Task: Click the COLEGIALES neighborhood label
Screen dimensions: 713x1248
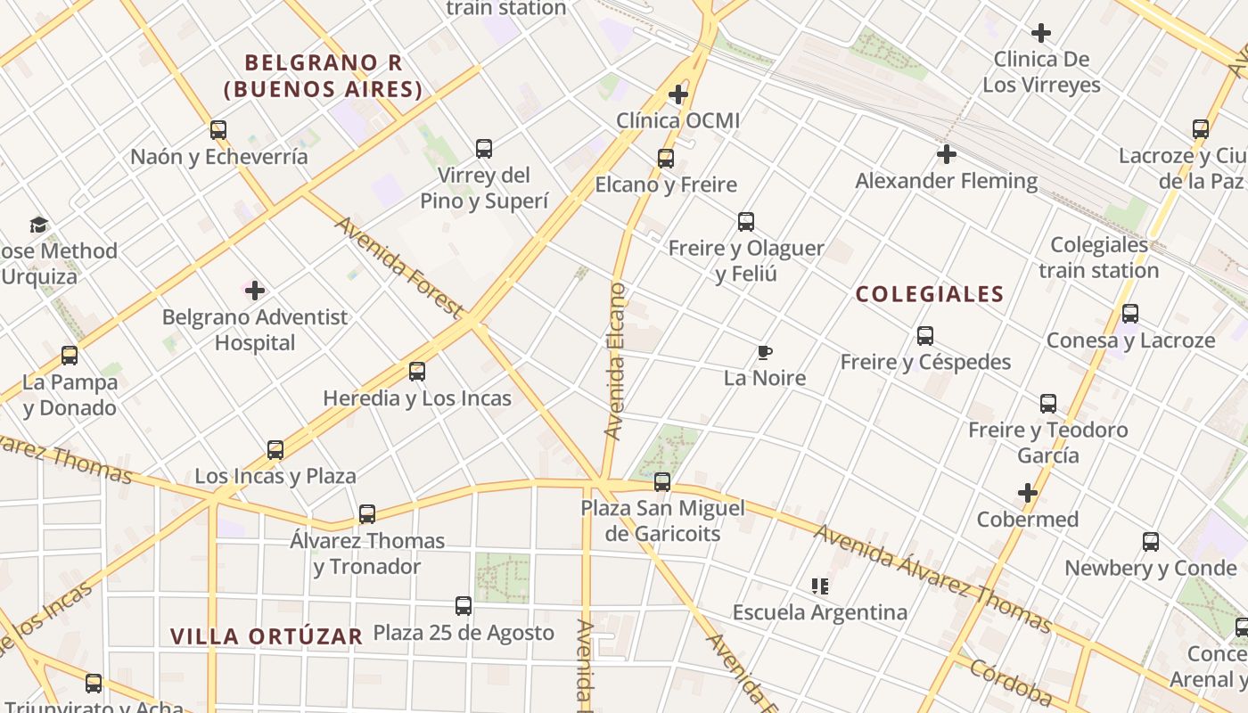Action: (x=930, y=294)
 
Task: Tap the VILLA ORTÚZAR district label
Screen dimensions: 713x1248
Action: (x=267, y=636)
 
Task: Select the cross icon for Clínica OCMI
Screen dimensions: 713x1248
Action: (x=678, y=94)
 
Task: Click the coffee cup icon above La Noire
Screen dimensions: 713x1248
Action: (x=764, y=352)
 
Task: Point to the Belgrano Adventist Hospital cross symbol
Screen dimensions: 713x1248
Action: (x=255, y=291)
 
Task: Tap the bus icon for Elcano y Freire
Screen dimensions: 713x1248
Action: (x=665, y=159)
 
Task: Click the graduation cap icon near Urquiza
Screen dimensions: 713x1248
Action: (x=38, y=225)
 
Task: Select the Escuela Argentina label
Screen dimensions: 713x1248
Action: (x=820, y=612)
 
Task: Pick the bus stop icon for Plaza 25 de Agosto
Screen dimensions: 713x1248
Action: (x=464, y=606)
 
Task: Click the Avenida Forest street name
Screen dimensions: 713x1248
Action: (x=398, y=266)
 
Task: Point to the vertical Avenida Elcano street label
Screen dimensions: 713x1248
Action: (x=615, y=361)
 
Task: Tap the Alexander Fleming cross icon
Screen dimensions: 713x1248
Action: (x=947, y=155)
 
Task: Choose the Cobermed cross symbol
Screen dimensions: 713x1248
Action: (x=1028, y=493)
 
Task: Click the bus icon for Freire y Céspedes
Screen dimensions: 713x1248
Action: (x=925, y=336)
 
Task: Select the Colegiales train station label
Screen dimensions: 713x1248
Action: (x=1099, y=258)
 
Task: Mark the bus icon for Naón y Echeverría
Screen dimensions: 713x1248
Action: (x=218, y=130)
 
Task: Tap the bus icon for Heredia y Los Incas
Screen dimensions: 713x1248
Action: (x=417, y=372)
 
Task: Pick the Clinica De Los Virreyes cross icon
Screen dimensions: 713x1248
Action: (x=1040, y=34)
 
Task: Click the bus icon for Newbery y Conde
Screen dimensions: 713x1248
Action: (x=1151, y=542)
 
